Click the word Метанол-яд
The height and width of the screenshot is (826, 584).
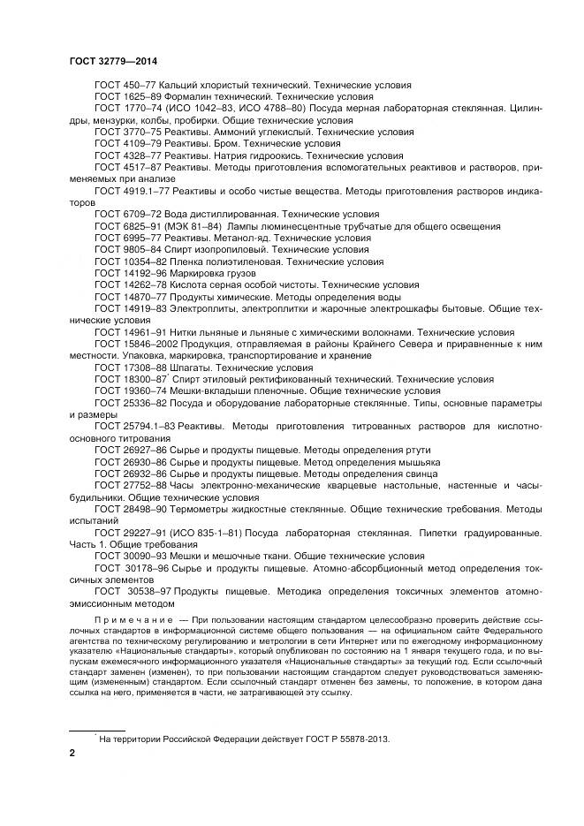(x=242, y=238)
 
